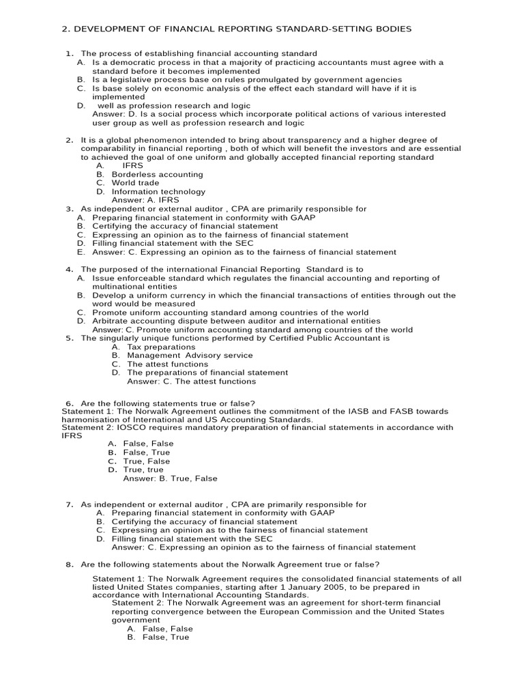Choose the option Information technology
point(158,192)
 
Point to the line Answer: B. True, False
point(170,479)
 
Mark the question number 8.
point(69,564)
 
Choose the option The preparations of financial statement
point(207,373)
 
